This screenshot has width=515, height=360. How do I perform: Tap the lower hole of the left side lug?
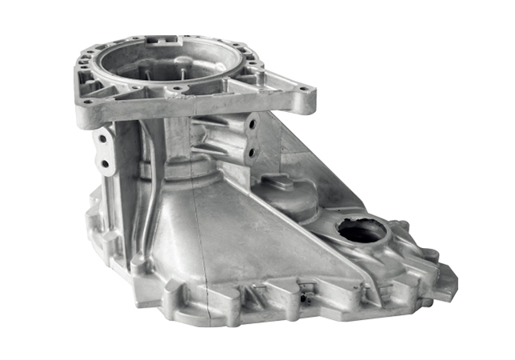coord(103,164)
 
